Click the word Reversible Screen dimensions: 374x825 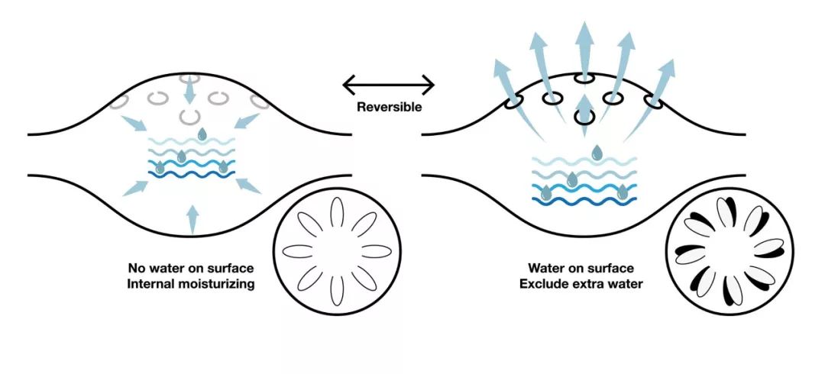click(x=389, y=107)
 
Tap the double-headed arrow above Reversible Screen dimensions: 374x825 click(x=388, y=83)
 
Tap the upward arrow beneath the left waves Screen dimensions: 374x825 click(x=192, y=218)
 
